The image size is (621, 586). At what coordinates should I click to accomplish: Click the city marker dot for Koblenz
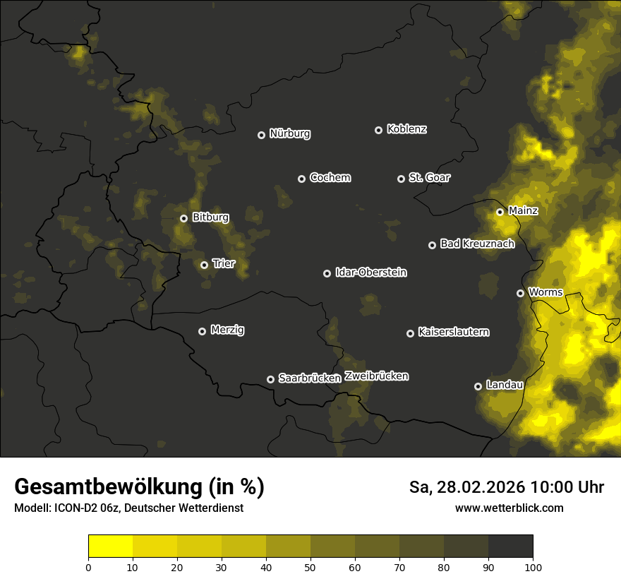click(378, 130)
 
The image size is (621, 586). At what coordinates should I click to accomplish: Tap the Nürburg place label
click(290, 133)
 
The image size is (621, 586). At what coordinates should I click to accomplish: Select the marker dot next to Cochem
click(301, 179)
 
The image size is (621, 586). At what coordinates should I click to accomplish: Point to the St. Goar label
click(429, 178)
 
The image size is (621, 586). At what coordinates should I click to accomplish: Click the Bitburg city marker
click(183, 218)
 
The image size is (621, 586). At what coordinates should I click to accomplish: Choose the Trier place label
click(224, 264)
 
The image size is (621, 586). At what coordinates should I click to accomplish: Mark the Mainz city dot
click(500, 212)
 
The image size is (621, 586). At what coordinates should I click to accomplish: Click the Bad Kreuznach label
click(477, 244)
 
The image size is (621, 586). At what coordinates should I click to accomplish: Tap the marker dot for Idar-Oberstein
click(327, 273)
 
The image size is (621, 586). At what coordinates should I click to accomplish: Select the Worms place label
click(545, 292)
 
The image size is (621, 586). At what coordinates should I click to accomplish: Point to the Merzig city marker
click(202, 331)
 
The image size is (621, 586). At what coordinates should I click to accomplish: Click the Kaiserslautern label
click(454, 332)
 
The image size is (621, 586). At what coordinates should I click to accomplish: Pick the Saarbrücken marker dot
click(270, 379)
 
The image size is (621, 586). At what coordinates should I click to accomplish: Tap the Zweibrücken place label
click(376, 376)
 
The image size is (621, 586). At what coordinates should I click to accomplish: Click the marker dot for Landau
click(478, 386)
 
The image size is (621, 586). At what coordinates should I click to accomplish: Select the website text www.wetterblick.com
click(509, 508)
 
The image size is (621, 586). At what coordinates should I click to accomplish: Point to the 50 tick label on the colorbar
click(310, 567)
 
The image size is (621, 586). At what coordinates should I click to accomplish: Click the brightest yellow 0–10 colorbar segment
click(111, 546)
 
